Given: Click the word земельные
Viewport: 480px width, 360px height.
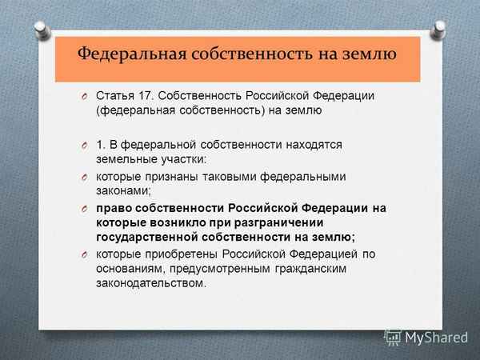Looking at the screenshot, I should tap(126, 159).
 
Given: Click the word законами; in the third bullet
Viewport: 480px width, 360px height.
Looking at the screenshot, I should tap(125, 191).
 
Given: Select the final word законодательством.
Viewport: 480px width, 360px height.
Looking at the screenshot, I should tap(150, 283).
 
